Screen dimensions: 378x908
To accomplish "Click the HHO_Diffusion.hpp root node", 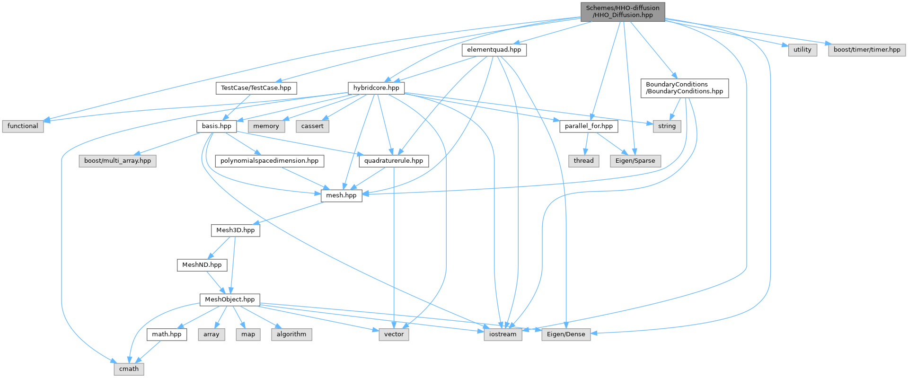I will pos(622,11).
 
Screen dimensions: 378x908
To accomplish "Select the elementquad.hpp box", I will pos(494,50).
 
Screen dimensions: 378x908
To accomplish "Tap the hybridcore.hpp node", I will pos(376,88).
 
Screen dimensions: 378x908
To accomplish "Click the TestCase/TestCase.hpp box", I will pos(256,88).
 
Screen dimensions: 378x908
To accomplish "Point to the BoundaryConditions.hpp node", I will pos(684,88).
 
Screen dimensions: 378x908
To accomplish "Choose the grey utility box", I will pos(802,50).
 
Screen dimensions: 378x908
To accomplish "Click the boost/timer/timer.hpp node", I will pos(867,50).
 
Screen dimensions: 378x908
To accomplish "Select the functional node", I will pos(23,126).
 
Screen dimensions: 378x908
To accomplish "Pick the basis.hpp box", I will pos(216,126).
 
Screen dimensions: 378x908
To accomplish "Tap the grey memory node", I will pos(266,126).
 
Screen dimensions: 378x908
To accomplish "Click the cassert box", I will pos(312,126).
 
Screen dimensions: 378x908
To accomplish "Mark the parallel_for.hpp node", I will pos(589,126).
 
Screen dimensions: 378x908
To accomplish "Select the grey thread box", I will pos(583,161).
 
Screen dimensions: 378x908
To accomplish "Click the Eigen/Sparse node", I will pos(635,161).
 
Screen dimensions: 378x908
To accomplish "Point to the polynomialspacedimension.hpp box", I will pos(269,161).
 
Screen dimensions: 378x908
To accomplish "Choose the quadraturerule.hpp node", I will pos(394,161).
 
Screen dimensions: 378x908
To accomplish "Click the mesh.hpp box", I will pos(341,195).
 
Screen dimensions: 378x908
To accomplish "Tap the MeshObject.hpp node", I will pos(229,299).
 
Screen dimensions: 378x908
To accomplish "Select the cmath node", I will pos(129,369).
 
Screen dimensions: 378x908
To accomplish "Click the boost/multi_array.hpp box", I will pos(117,161).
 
